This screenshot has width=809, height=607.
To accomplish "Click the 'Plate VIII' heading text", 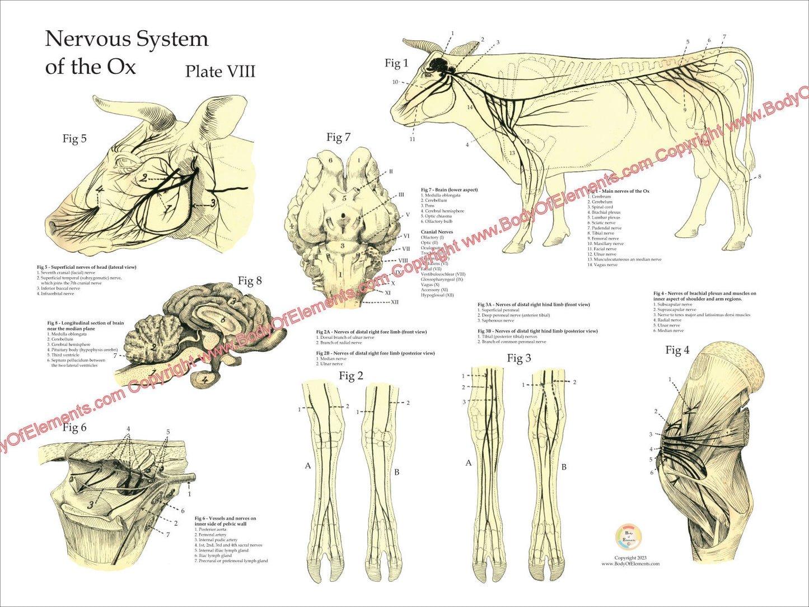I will (x=220, y=72).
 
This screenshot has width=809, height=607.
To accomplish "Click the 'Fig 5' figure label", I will (x=74, y=138).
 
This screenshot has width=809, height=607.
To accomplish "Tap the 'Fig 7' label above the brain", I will (x=338, y=137).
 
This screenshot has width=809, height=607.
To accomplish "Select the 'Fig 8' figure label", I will (x=250, y=281).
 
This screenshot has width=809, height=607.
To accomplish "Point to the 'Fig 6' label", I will (x=74, y=428).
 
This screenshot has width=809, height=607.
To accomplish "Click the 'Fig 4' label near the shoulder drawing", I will (x=677, y=351).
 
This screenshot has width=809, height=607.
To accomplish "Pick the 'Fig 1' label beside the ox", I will (x=396, y=63).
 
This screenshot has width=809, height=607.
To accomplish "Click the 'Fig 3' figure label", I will (x=519, y=358).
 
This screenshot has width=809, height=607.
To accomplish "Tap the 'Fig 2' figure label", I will (x=351, y=376).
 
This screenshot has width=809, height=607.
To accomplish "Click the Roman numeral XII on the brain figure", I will (x=395, y=302).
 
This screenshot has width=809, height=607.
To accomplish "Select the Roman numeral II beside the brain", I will (x=391, y=171).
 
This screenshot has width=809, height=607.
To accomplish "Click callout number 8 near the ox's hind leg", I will (x=760, y=177).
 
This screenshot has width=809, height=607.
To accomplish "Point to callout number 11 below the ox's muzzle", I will (x=412, y=139).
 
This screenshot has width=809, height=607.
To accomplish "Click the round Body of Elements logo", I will (x=629, y=538).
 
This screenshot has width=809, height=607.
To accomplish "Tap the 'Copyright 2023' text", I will (x=630, y=558).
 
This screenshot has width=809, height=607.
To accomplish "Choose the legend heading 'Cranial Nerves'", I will (x=437, y=232).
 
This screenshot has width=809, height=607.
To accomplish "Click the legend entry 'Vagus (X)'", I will (x=430, y=284).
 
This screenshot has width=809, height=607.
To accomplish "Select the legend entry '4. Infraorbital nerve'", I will (x=55, y=293).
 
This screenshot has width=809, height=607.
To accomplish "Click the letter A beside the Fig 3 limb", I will (x=469, y=463).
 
